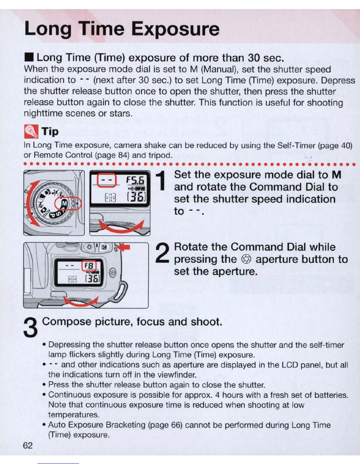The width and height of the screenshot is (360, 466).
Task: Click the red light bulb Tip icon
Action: click(x=31, y=131)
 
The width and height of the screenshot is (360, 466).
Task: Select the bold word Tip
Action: click(x=50, y=132)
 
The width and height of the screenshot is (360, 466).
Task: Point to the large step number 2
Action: click(x=162, y=253)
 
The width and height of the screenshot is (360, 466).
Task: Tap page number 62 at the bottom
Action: click(x=28, y=445)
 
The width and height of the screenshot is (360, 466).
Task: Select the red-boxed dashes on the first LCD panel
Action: click(x=107, y=181)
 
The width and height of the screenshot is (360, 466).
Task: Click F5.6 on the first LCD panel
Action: click(x=135, y=180)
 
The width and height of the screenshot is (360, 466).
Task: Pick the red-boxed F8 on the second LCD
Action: click(x=89, y=266)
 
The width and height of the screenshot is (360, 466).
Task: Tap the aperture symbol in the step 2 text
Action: click(x=246, y=259)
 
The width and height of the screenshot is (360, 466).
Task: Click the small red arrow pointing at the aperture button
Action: click(x=125, y=247)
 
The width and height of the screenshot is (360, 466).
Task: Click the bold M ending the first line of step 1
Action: click(x=336, y=175)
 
